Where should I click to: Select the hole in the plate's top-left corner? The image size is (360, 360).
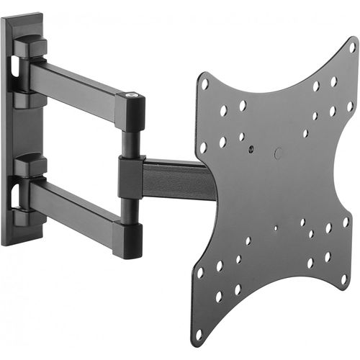pos(205,84)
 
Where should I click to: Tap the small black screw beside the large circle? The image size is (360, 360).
pos(253,150)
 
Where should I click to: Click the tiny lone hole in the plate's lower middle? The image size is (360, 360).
pos(275,228)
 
